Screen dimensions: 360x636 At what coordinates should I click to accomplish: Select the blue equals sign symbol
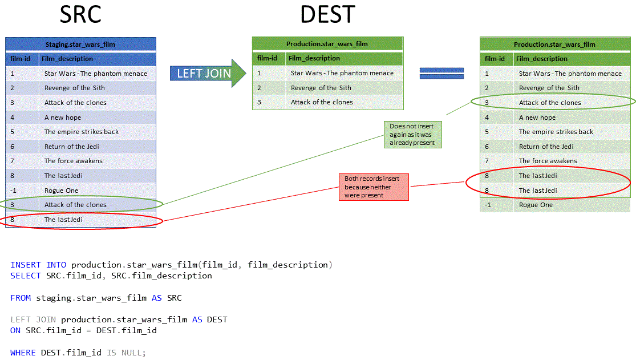441,73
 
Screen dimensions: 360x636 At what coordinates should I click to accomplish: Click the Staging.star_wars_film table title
80,45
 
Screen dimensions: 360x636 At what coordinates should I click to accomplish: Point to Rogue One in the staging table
62,191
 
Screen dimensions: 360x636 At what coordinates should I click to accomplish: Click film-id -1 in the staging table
13,191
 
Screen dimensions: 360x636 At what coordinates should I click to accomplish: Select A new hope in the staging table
63,118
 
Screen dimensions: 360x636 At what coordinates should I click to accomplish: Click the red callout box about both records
374,187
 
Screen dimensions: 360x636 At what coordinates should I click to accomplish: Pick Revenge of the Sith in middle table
321,88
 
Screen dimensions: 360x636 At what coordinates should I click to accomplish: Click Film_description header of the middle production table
314,58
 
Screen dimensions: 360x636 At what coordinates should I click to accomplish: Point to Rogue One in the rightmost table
536,205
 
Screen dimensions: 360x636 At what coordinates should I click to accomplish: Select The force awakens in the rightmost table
548,161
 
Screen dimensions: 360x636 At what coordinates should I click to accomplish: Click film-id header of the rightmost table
495,59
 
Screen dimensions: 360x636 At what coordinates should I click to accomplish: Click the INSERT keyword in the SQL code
26,265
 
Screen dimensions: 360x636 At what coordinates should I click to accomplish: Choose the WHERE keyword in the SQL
23,353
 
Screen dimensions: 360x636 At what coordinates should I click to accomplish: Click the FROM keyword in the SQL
21,298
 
